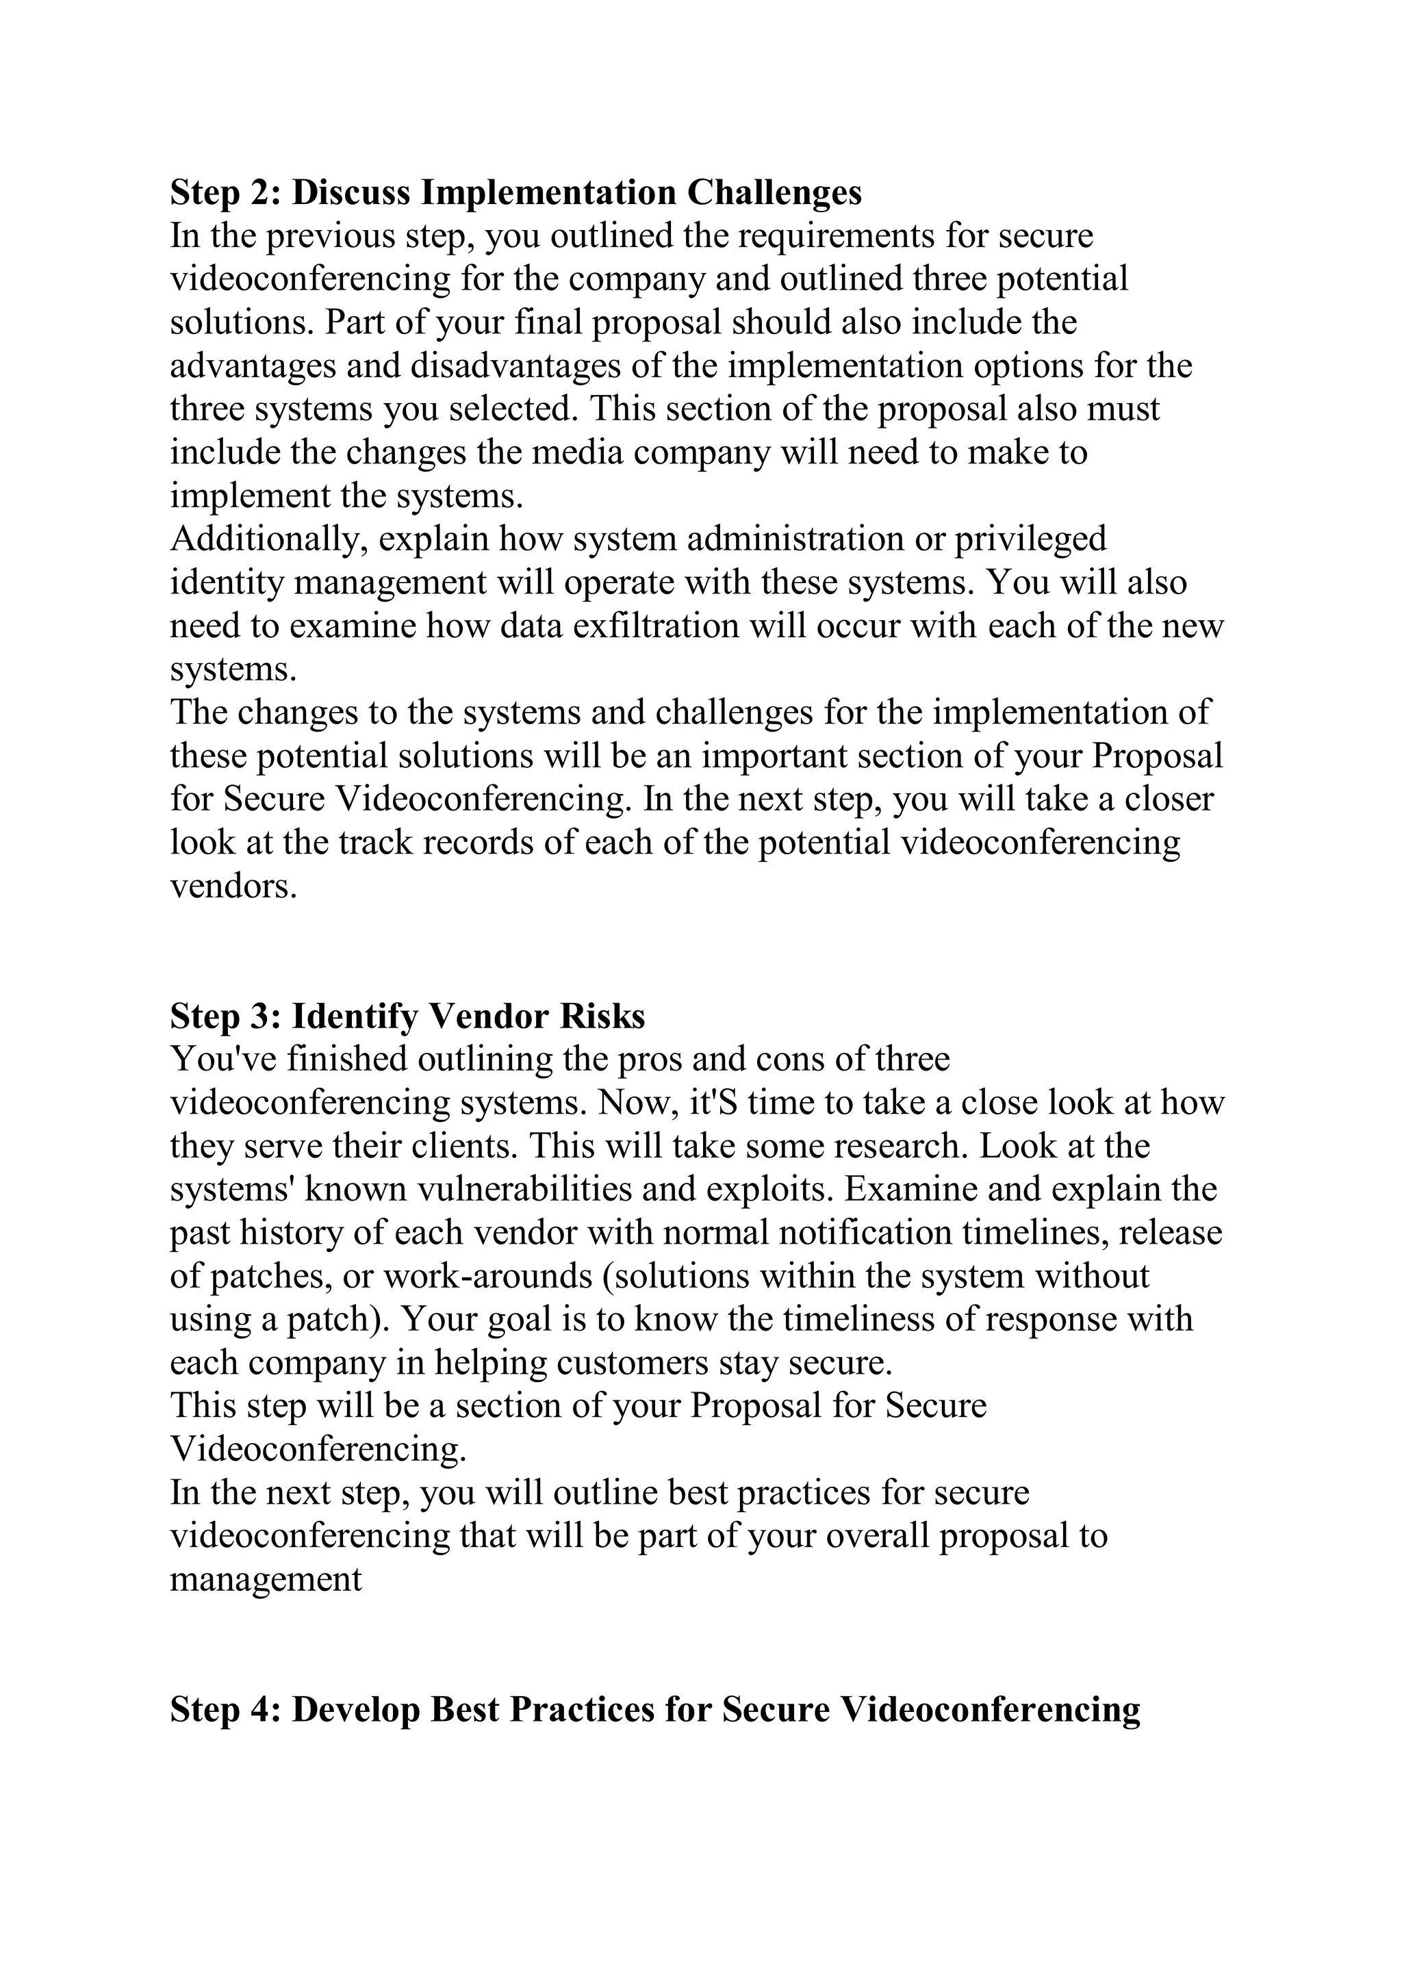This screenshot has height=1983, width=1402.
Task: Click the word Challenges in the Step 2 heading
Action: click(774, 192)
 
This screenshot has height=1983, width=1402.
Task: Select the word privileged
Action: click(1030, 539)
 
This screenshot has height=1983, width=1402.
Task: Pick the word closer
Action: click(1169, 799)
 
